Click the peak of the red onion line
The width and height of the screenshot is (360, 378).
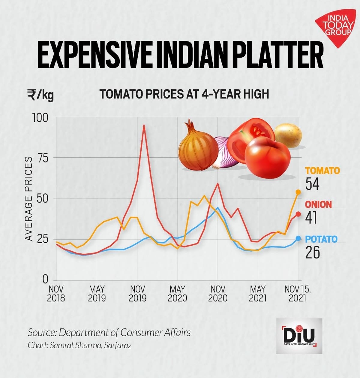click(x=144, y=125)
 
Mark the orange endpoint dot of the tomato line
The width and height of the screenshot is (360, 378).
click(x=298, y=192)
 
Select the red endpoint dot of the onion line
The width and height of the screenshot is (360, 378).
click(x=298, y=214)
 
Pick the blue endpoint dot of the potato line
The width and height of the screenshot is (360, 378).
click(x=298, y=238)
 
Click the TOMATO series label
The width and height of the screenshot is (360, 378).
click(x=322, y=171)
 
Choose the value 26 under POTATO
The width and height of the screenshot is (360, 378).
click(x=313, y=253)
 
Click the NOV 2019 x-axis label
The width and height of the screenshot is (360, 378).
click(x=137, y=294)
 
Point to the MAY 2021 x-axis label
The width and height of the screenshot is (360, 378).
click(x=258, y=294)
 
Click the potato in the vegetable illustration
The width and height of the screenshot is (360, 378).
click(x=288, y=135)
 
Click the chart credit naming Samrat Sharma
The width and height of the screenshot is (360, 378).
click(x=79, y=345)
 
